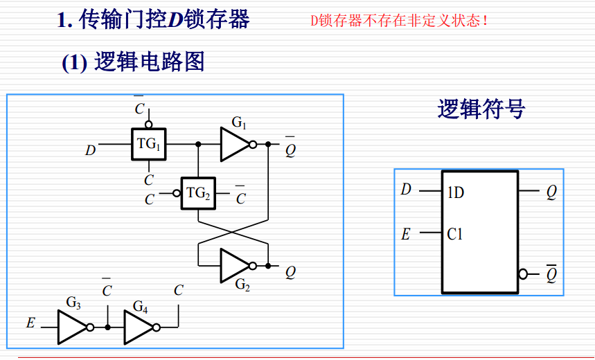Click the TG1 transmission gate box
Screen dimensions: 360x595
(x=149, y=145)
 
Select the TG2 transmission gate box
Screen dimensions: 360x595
(x=198, y=193)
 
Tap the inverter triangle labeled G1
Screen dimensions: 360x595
(x=234, y=145)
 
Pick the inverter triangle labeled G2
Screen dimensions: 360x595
(x=234, y=266)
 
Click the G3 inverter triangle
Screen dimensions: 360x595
(x=71, y=327)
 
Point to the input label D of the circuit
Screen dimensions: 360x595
(x=90, y=150)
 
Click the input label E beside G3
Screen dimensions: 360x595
(x=30, y=323)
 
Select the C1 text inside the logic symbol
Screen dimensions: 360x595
(x=454, y=235)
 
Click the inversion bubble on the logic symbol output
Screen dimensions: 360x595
(x=523, y=274)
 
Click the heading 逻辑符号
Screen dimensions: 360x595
(x=481, y=109)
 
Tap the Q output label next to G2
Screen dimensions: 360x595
(x=290, y=272)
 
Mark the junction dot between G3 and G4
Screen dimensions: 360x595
(x=107, y=327)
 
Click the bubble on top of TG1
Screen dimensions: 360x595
(x=148, y=125)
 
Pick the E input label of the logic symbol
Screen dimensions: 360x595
(x=406, y=234)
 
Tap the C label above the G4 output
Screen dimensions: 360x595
(x=179, y=291)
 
